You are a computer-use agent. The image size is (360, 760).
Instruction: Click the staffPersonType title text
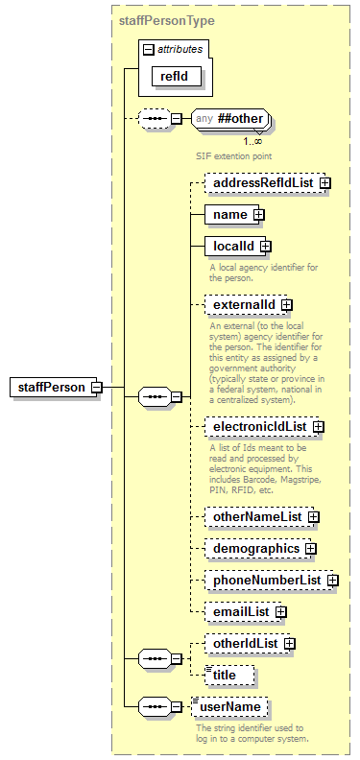[x=167, y=19]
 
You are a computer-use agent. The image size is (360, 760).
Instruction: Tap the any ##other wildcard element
[x=230, y=119]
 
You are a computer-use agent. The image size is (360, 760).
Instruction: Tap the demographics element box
[x=255, y=548]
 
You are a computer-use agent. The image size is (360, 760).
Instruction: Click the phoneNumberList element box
[x=266, y=580]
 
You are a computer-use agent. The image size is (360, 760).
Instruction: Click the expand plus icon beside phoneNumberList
[x=332, y=580]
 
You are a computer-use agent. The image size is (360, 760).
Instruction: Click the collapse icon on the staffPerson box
[x=96, y=387]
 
